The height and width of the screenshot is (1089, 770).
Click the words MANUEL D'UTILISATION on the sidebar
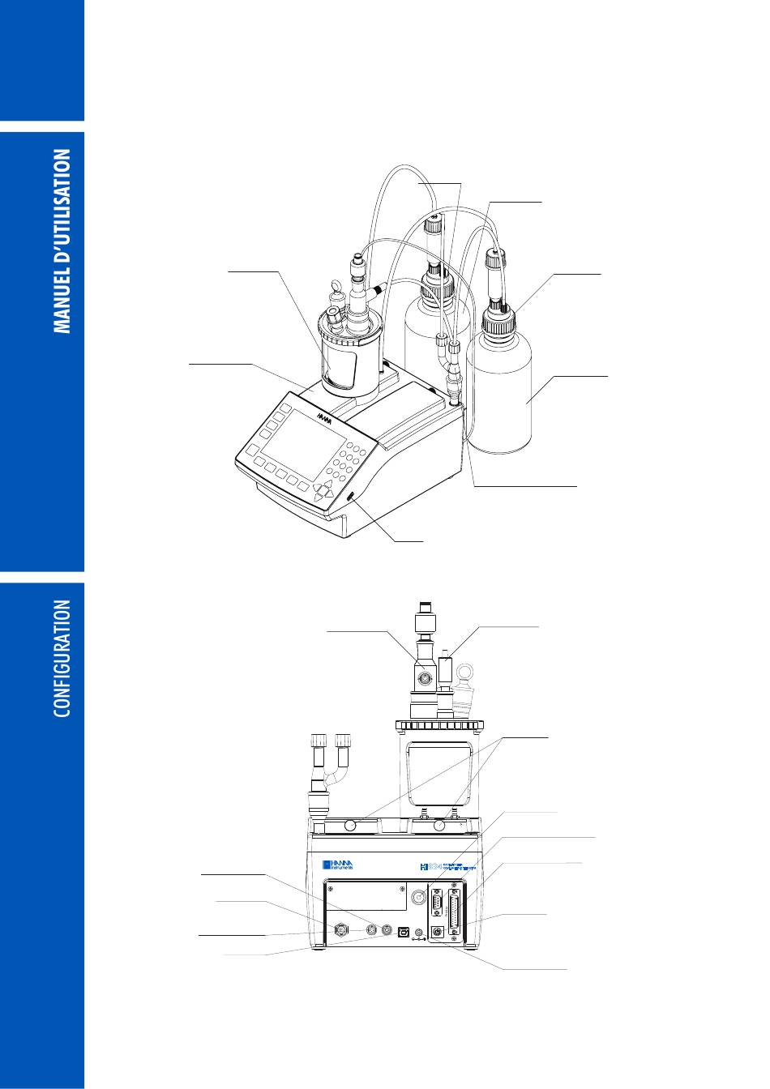point(62,241)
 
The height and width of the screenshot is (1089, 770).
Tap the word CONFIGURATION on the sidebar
point(62,658)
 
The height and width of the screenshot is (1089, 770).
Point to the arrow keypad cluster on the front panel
point(324,490)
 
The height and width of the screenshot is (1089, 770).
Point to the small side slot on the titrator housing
point(352,497)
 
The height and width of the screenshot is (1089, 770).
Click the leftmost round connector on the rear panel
point(341,931)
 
